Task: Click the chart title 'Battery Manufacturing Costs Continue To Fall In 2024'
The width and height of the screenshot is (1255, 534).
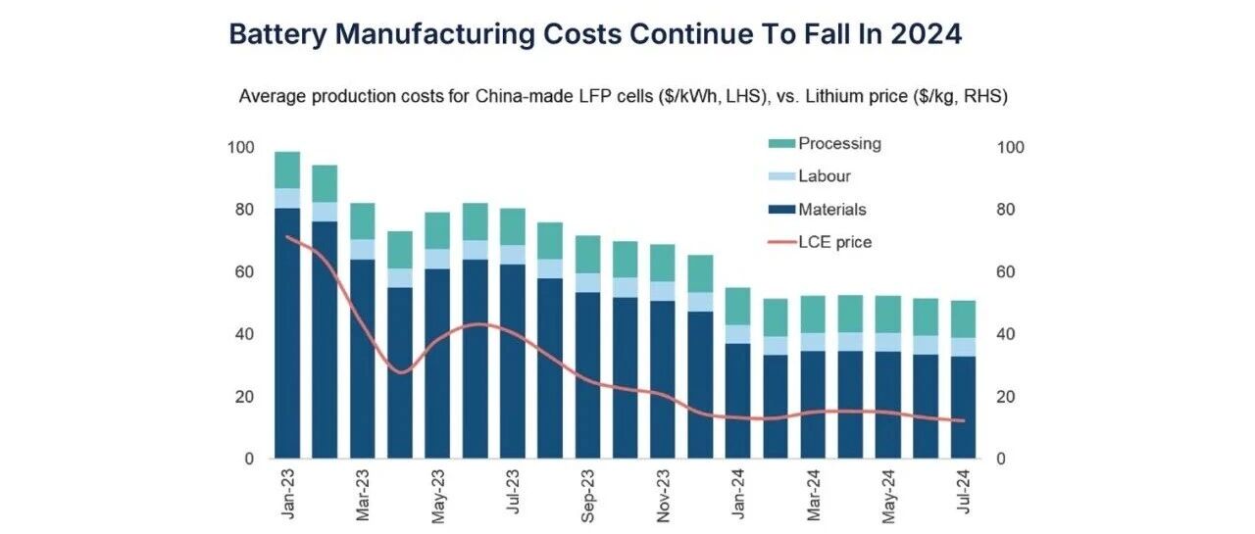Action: pyautogui.click(x=595, y=34)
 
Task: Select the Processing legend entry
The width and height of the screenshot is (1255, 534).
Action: pyautogui.click(x=839, y=144)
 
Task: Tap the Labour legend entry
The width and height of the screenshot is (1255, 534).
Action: pyautogui.click(x=825, y=176)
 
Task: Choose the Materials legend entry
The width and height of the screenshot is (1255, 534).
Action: pyautogui.click(x=832, y=209)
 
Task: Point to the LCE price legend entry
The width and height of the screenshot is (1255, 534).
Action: pyautogui.click(x=834, y=241)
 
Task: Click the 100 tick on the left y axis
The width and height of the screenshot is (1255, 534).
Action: pyautogui.click(x=241, y=148)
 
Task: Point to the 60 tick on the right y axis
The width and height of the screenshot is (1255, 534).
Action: pyautogui.click(x=1010, y=272)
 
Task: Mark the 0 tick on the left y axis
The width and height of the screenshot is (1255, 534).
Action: pyautogui.click(x=249, y=459)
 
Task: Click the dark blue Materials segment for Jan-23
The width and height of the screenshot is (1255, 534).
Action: pyautogui.click(x=287, y=333)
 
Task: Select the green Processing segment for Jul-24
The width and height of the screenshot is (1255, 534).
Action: pyautogui.click(x=964, y=318)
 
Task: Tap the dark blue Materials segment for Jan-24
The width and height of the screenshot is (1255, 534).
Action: pyautogui.click(x=738, y=401)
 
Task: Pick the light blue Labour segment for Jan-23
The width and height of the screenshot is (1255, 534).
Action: pyautogui.click(x=287, y=198)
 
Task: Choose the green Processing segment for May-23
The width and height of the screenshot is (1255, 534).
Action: pyautogui.click(x=437, y=230)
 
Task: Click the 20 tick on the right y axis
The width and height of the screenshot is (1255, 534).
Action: pyautogui.click(x=1010, y=397)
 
